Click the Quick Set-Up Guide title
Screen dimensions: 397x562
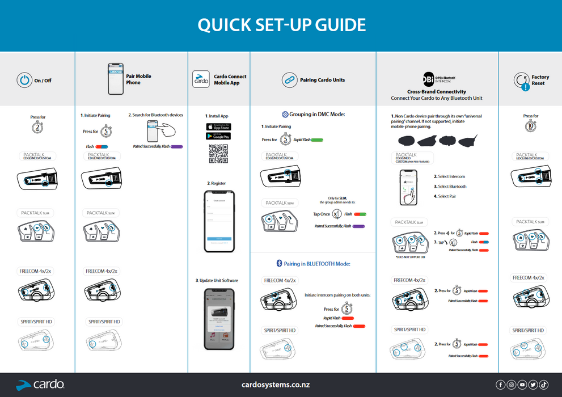(x=281, y=25)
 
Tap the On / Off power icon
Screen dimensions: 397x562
(x=24, y=81)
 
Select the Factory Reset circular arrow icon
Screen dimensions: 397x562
(x=522, y=81)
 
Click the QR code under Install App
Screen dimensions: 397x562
(x=218, y=154)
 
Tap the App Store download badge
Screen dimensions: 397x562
(x=218, y=127)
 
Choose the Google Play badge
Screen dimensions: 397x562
(x=218, y=136)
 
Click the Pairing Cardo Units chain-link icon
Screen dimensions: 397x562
(x=289, y=80)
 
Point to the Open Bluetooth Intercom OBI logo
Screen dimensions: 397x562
(x=429, y=78)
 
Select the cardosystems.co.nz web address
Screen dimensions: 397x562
(x=276, y=385)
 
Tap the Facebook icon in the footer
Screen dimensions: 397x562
(x=501, y=385)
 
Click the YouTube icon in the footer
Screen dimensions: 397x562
(x=522, y=385)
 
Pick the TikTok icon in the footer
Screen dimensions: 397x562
(x=544, y=385)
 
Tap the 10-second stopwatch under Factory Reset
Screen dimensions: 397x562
(x=531, y=127)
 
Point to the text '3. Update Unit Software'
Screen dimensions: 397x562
(x=217, y=280)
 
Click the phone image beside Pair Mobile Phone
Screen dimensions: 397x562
(x=116, y=78)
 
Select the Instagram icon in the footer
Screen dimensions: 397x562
(x=512, y=385)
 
